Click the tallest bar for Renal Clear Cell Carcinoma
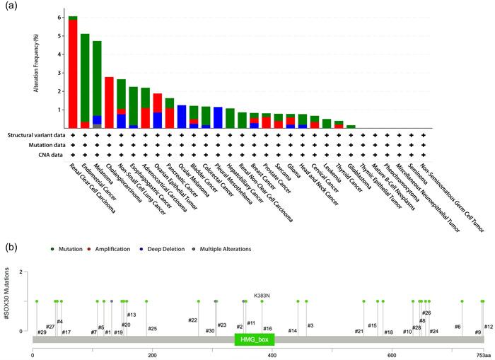73,71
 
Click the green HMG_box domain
255,340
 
